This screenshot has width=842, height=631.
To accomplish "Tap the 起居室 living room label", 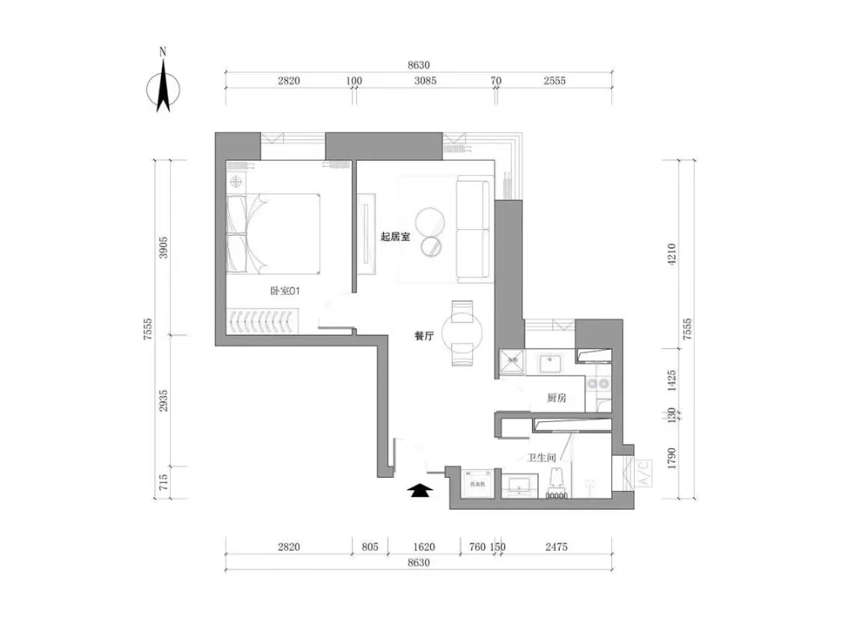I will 394,238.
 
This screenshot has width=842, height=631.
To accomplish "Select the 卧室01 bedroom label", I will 285,291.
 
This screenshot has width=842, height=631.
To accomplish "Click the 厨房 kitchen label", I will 556,397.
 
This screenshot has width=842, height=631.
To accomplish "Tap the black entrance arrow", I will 418,491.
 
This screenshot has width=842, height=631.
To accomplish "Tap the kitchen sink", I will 551,364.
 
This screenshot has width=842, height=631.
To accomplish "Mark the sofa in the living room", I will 473,229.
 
